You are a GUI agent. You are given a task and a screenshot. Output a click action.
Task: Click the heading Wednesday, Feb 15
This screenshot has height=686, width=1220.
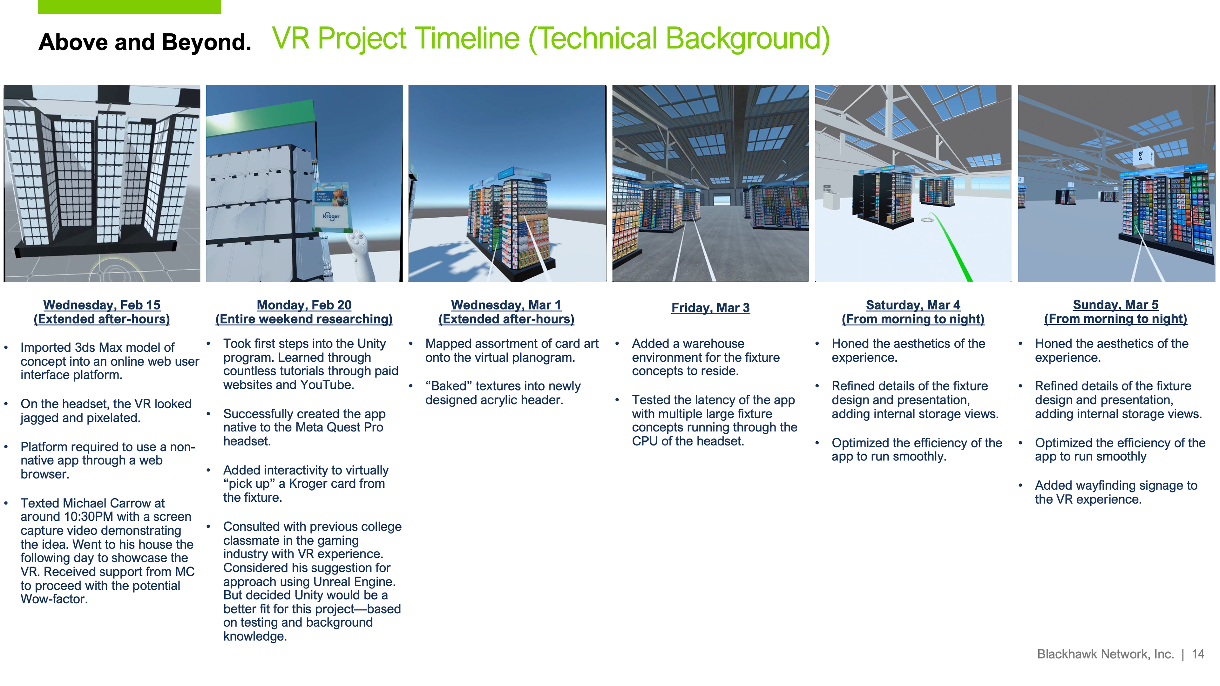(x=102, y=305)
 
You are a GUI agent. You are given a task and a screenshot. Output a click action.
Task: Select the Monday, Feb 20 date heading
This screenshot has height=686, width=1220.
(x=304, y=305)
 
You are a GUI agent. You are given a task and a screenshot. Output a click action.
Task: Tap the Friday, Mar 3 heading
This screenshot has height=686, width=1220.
(x=710, y=308)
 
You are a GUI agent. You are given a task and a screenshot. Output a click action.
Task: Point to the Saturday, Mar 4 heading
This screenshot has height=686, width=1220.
(x=913, y=305)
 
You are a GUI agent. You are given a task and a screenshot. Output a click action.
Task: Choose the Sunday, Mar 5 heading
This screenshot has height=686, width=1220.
(x=1116, y=305)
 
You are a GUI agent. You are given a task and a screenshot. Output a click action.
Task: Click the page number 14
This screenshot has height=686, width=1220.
(x=1198, y=654)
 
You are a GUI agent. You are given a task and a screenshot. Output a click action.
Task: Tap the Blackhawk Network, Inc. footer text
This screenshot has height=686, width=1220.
(x=1105, y=654)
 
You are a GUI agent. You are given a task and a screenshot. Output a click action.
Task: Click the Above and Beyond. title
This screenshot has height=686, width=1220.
(x=145, y=42)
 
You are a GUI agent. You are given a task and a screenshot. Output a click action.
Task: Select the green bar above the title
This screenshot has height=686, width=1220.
(x=129, y=7)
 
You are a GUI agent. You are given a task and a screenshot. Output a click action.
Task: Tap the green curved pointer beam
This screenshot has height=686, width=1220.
(x=950, y=246)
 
